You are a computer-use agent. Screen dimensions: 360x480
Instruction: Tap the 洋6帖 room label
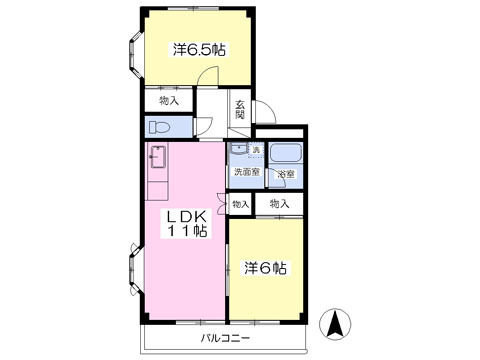click(x=266, y=268)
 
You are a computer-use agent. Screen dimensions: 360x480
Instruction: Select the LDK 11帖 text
click(x=187, y=223)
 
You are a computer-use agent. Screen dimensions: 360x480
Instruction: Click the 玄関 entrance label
click(x=241, y=109)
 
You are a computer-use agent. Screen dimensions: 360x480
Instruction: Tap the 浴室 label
click(x=286, y=175)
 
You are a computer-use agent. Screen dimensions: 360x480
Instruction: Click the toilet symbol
click(x=159, y=128)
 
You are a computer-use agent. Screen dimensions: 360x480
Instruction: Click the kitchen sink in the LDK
click(x=158, y=158)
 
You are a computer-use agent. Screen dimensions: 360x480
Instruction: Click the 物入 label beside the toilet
click(x=168, y=100)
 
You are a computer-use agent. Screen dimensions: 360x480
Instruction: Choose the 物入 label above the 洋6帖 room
click(x=279, y=204)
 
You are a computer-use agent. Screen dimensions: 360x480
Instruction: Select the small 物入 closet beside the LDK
click(x=240, y=204)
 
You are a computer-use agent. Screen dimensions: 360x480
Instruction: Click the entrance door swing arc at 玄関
click(x=262, y=112)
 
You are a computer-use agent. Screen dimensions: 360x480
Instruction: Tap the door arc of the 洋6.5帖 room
click(x=205, y=78)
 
